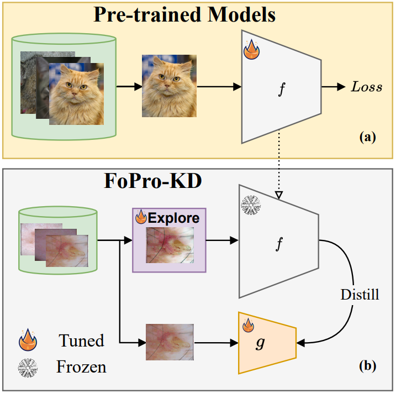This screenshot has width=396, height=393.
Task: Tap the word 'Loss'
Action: click(x=366, y=87)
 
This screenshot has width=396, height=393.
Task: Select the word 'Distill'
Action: click(x=360, y=295)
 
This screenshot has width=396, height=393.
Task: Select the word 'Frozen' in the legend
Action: click(x=82, y=366)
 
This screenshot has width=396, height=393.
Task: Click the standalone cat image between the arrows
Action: click(x=169, y=87)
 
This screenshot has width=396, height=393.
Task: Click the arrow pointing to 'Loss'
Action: click(x=333, y=87)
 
